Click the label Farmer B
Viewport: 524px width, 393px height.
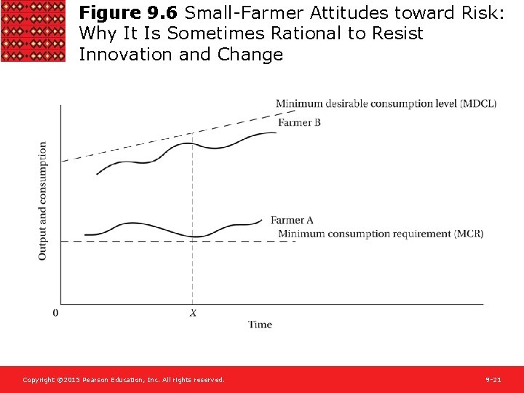(299, 122)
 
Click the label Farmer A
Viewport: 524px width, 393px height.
(292, 221)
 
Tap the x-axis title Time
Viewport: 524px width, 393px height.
(260, 325)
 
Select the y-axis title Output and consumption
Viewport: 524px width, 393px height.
(42, 201)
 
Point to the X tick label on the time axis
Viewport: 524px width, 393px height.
(193, 313)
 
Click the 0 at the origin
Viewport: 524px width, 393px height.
(56, 313)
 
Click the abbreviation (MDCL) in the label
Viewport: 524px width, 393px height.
(478, 103)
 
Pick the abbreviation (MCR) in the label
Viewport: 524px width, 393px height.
(469, 234)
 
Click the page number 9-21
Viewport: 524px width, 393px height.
(493, 380)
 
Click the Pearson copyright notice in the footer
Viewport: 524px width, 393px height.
(124, 380)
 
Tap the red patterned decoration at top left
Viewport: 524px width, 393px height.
(33, 31)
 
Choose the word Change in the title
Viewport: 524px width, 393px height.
(250, 55)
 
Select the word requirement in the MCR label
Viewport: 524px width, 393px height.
(422, 234)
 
